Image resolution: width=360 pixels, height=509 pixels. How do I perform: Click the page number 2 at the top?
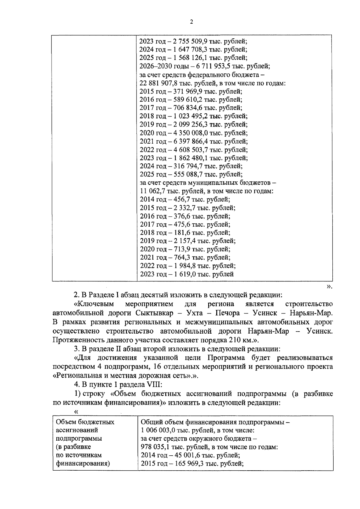click(191, 22)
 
